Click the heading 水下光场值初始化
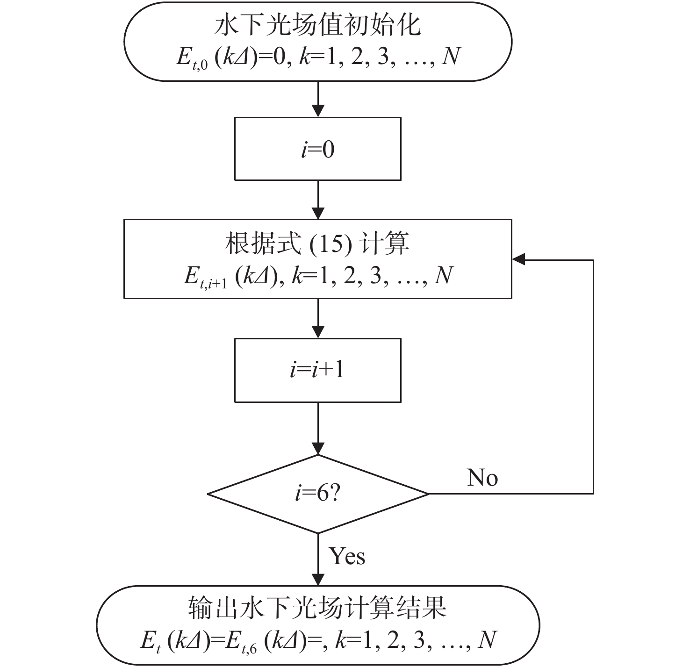point(317,26)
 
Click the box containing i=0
point(317,149)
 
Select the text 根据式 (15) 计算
point(317,244)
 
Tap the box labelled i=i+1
point(317,370)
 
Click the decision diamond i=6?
point(317,494)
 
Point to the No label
point(482,478)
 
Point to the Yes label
point(347,556)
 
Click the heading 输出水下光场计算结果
point(317,608)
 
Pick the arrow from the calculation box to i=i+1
point(318,318)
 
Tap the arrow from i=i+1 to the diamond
point(318,428)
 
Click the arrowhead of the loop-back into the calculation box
point(519,260)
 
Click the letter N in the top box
point(451,57)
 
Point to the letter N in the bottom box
point(487,640)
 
